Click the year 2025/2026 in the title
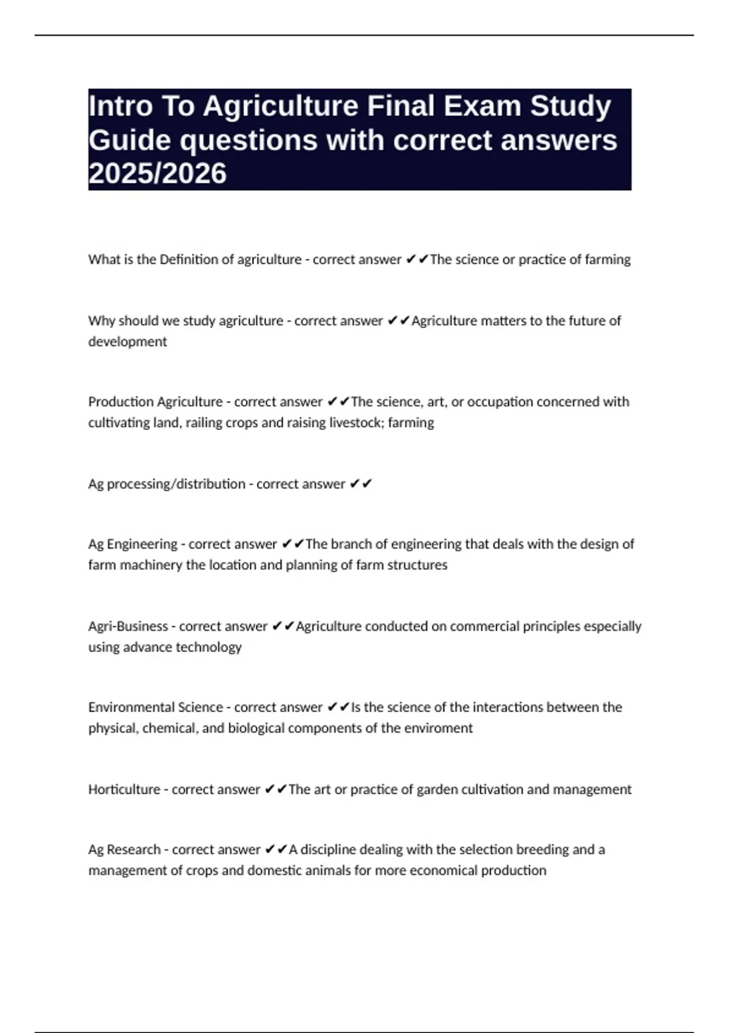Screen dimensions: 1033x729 (157, 173)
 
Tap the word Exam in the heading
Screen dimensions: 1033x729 (482, 106)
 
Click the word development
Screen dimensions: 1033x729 (128, 341)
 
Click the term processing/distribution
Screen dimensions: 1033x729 (176, 484)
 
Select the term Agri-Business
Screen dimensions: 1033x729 (128, 626)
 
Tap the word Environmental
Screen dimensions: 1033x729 (125, 707)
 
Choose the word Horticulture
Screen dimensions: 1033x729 (125, 789)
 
